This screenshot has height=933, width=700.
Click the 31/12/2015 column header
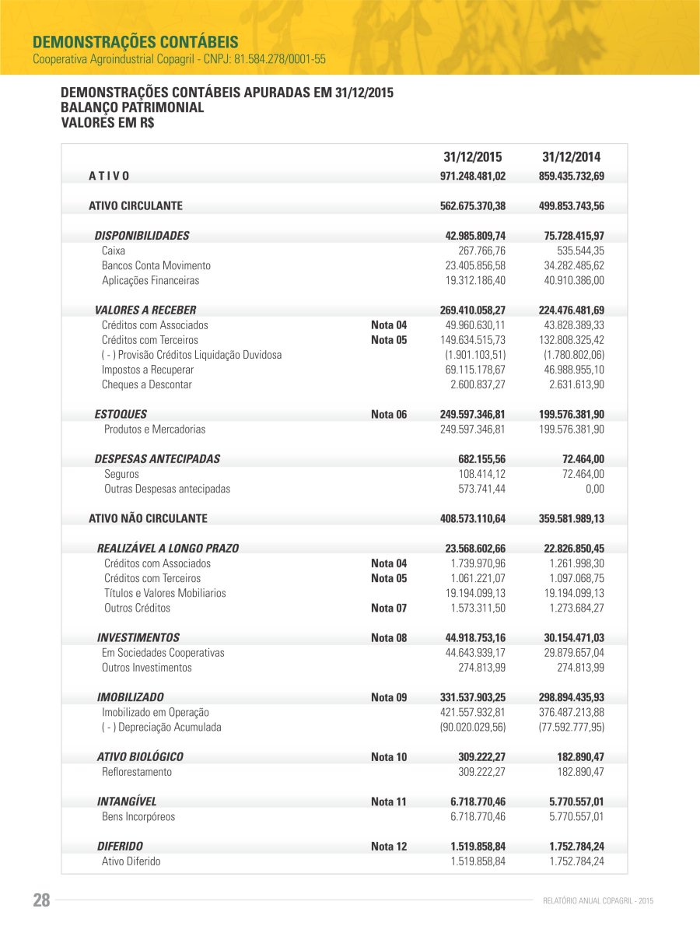(473, 156)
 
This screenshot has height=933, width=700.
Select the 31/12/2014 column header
(572, 156)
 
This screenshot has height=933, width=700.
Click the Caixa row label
(114, 251)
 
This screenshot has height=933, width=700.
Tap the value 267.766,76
(482, 251)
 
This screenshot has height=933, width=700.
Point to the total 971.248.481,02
(473, 177)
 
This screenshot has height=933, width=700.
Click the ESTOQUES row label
(121, 415)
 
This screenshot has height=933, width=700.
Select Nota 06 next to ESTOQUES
(389, 415)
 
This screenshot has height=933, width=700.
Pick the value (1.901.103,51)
(478, 356)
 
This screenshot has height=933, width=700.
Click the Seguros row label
(122, 474)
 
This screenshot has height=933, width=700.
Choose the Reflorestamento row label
(137, 772)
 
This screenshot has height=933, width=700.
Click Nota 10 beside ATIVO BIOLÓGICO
(389, 757)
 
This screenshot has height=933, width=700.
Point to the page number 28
(41, 901)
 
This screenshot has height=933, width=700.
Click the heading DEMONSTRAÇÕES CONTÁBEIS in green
(135, 41)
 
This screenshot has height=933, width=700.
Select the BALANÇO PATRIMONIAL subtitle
(132, 107)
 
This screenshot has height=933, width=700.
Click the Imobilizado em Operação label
(156, 713)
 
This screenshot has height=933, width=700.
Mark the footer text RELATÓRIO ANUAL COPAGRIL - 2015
(597, 901)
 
